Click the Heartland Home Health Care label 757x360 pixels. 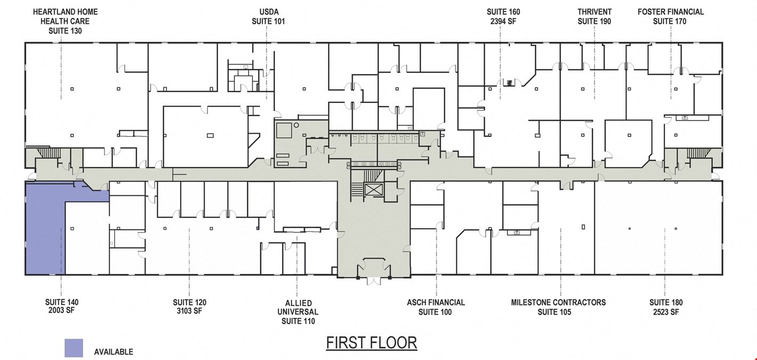tap(65, 21)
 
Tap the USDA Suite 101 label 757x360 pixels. tap(269, 17)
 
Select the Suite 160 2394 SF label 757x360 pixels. tap(503, 17)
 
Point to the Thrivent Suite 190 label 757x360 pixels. tap(594, 17)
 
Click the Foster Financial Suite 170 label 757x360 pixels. tap(671, 17)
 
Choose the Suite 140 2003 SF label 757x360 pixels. tap(61, 306)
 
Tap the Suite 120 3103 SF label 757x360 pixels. tap(189, 307)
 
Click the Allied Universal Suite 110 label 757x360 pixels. tap(297, 312)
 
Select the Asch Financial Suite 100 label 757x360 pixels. tap(436, 307)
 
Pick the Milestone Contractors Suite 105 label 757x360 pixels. tap(558, 307)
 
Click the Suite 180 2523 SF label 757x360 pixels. tap(666, 307)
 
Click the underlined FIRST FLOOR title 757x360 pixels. tap(372, 343)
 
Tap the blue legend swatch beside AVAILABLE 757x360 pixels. tap(74, 348)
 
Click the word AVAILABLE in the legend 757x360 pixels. tap(114, 352)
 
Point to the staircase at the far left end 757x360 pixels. tap(43, 153)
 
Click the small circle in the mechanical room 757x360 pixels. tap(296, 125)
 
